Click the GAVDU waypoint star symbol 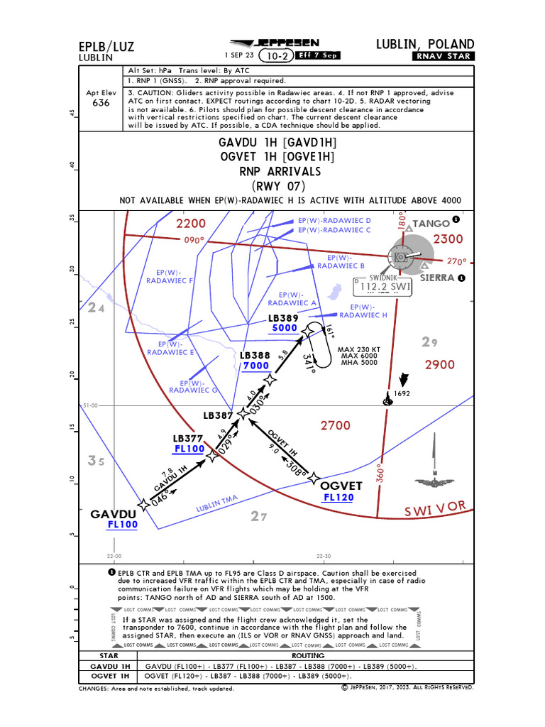click(x=144, y=504)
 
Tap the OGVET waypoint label click(x=341, y=486)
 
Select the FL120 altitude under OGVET click(x=338, y=498)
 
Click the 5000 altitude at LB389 click(x=284, y=329)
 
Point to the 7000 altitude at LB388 click(x=255, y=366)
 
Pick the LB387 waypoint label click(x=218, y=415)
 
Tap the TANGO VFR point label click(x=431, y=224)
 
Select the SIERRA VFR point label click(x=436, y=278)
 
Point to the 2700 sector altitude click(x=335, y=425)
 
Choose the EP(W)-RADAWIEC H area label click(x=363, y=311)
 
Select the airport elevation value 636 click(x=101, y=103)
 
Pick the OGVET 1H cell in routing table click(x=109, y=676)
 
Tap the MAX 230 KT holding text click(x=360, y=349)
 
